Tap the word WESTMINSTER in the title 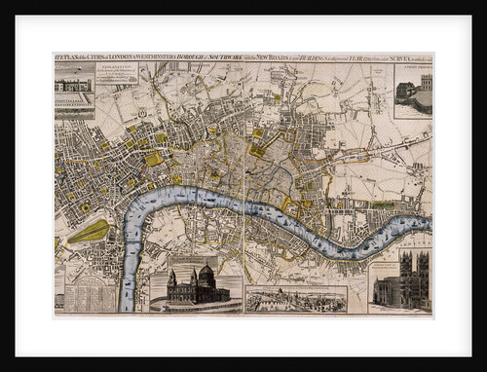(x=165, y=59)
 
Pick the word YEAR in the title (x=362, y=59)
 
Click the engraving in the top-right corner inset (x=413, y=90)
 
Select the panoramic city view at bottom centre (x=296, y=298)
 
